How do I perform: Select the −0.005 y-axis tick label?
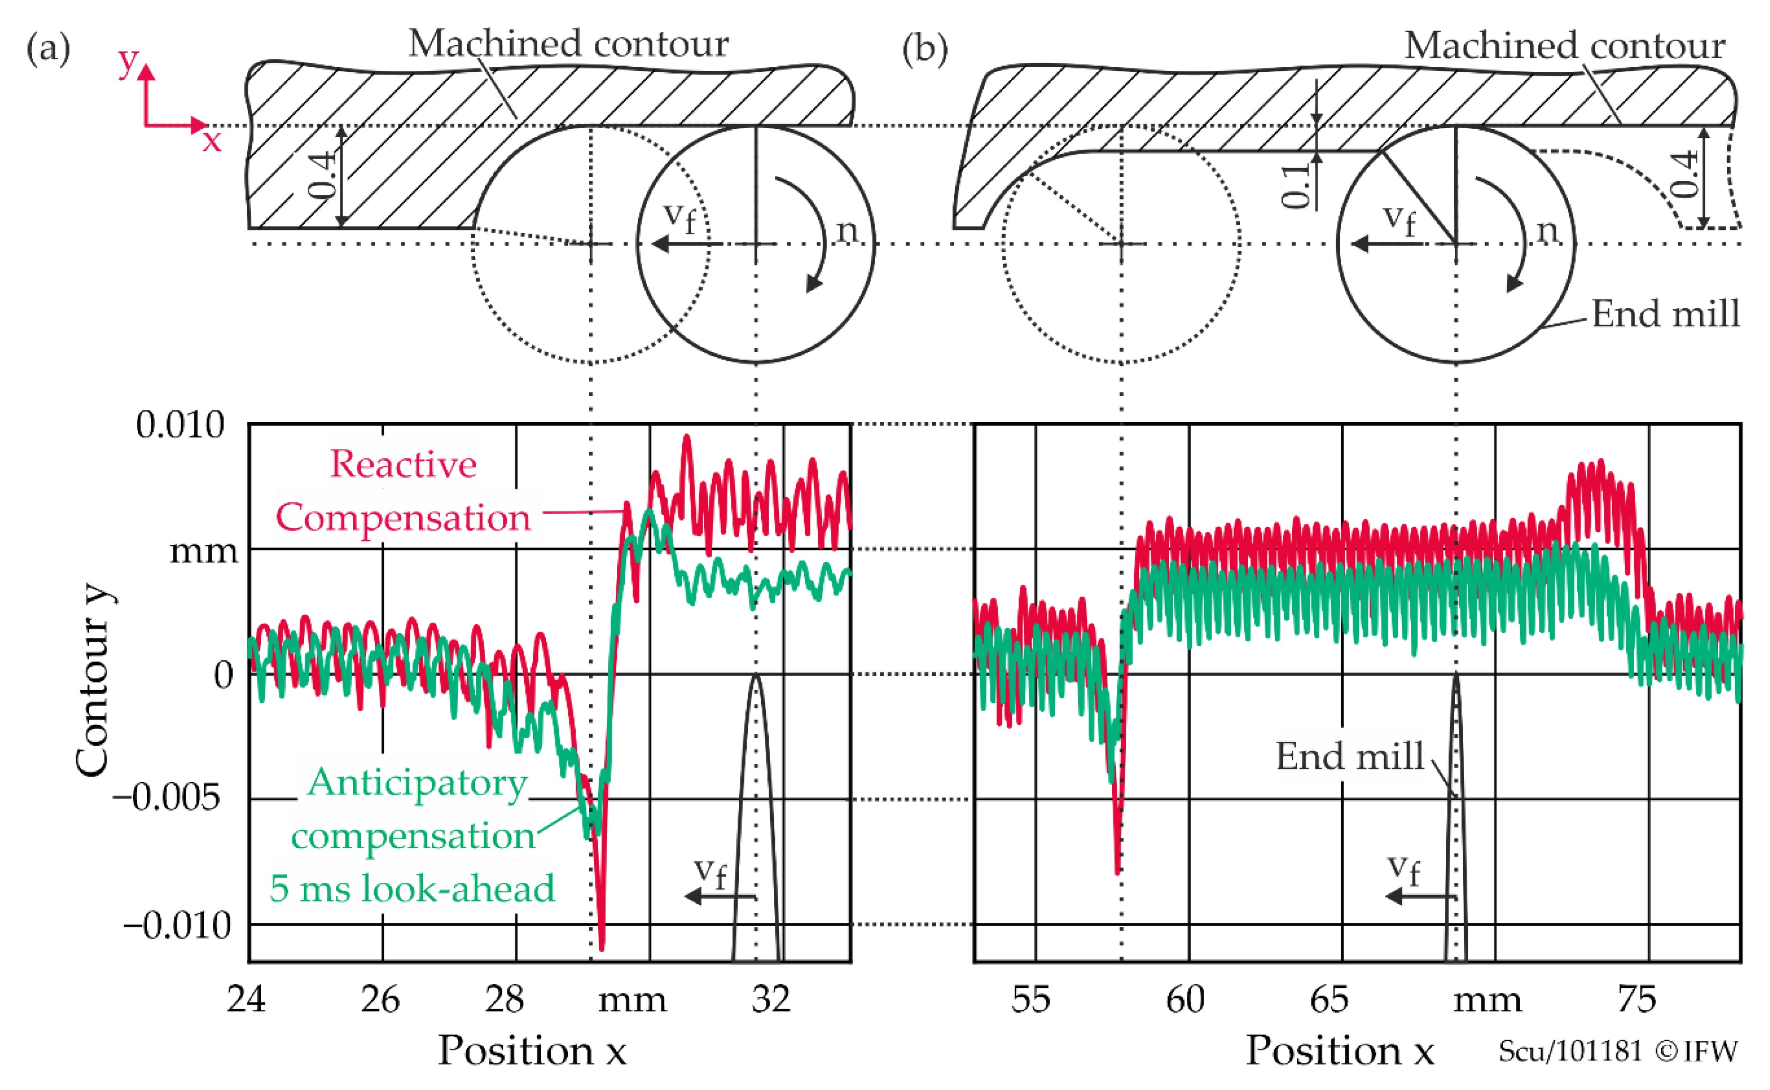click(x=167, y=798)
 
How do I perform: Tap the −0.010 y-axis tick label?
click(x=177, y=924)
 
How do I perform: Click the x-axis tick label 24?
click(x=246, y=999)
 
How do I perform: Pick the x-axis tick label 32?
click(x=771, y=999)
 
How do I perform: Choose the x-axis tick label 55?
click(x=1031, y=999)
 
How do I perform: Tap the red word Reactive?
click(x=404, y=464)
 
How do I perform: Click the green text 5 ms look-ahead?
click(x=412, y=888)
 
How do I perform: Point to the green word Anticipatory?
click(x=418, y=782)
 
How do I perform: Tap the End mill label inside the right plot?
click(x=1350, y=756)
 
